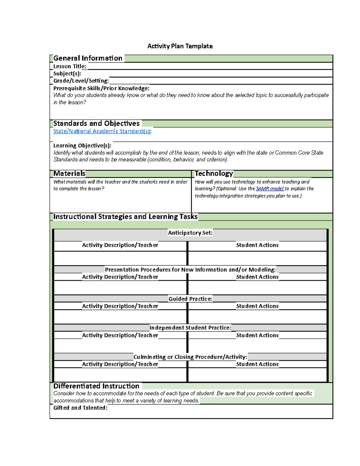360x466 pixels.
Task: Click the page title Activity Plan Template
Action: coord(180,46)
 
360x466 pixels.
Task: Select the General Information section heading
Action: coord(88,58)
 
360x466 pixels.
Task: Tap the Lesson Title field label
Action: coord(70,66)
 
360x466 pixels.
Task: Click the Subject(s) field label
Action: coord(67,74)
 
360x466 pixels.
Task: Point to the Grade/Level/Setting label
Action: coord(81,81)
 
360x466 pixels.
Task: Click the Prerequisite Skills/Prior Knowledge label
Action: coord(101,88)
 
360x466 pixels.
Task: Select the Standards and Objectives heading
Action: coord(96,123)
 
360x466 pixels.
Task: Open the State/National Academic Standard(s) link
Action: coord(102,131)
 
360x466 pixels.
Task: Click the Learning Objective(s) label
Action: coord(82,146)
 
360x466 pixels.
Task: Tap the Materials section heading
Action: coord(69,173)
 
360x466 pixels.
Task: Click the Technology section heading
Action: coord(214,173)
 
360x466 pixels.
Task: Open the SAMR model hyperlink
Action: coord(269,189)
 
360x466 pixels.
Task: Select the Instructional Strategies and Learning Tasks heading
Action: coord(125,217)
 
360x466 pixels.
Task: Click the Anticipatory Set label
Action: coord(190,233)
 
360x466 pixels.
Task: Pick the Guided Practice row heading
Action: coord(190,299)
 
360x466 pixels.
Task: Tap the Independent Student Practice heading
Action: coord(190,328)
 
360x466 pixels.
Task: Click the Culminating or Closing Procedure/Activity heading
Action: coord(190,357)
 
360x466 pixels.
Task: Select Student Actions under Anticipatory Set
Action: coord(257,245)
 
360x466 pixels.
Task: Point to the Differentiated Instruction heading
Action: coord(96,386)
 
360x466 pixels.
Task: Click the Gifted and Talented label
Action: coord(80,408)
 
